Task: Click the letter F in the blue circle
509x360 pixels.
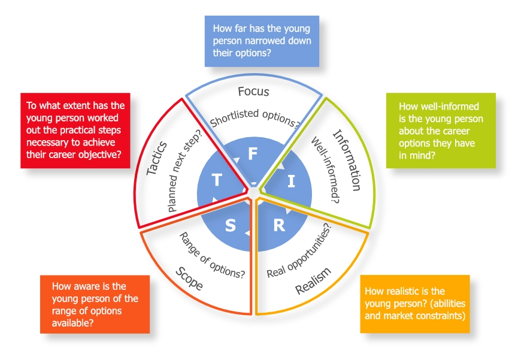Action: pos(253,154)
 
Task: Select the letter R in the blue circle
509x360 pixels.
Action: pos(278,226)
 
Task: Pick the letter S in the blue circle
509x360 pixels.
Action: pos(231,226)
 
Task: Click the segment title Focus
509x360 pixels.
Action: pos(253,92)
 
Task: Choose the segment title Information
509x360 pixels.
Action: pos(346,160)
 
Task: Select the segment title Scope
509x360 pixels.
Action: pos(189,278)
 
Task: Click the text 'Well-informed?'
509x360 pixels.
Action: pos(323,172)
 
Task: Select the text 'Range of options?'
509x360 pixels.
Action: pos(211,255)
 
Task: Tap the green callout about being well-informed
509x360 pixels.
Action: pos(441,130)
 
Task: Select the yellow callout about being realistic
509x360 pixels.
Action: pos(414,303)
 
